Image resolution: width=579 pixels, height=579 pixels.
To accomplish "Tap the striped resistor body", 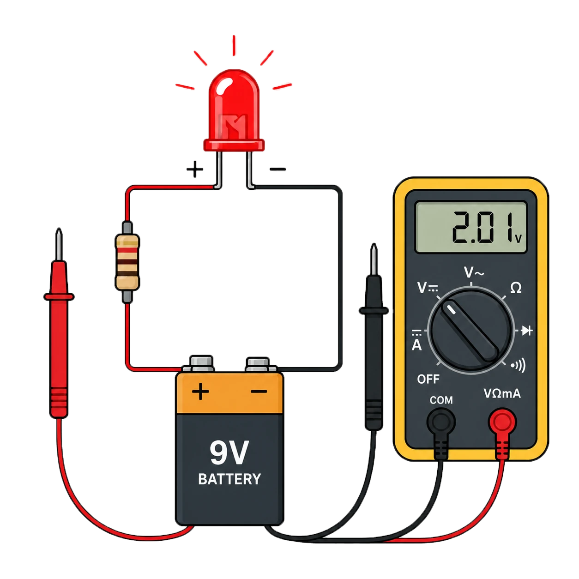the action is pyautogui.click(x=127, y=262).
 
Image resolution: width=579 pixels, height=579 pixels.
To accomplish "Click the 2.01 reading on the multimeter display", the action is pyautogui.click(x=482, y=227).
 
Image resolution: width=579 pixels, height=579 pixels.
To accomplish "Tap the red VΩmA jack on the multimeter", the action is pyautogui.click(x=502, y=422).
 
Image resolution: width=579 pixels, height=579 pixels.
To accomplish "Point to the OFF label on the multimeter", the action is pyautogui.click(x=428, y=379).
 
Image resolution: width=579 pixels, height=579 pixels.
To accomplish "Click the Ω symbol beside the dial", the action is pyautogui.click(x=516, y=288).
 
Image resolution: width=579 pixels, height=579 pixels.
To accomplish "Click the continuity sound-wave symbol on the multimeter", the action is pyautogui.click(x=519, y=365).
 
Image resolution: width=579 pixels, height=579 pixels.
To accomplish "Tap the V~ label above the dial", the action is pyautogui.click(x=474, y=272).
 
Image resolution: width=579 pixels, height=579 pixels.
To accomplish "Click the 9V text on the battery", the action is pyautogui.click(x=229, y=452).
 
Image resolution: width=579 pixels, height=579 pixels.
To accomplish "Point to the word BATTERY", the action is pyautogui.click(x=229, y=479).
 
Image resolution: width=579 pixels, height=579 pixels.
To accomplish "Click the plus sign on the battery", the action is pyautogui.click(x=200, y=392).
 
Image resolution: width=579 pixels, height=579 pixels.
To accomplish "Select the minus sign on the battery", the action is pyautogui.click(x=259, y=392).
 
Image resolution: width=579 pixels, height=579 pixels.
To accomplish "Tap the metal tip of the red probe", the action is pyautogui.click(x=59, y=244).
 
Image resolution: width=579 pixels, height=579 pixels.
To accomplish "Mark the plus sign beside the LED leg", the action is pyautogui.click(x=195, y=169).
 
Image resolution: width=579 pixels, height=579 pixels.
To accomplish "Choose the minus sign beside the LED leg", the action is pyautogui.click(x=277, y=169).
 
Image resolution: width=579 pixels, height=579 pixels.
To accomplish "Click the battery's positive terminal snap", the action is pyautogui.click(x=201, y=364).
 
